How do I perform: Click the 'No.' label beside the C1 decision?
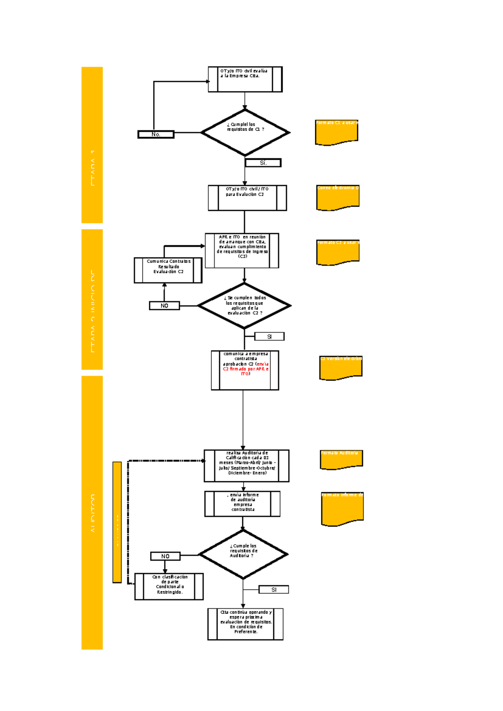(x=156, y=135)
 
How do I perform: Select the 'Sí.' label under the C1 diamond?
(x=263, y=163)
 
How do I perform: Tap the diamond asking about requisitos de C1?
(x=245, y=132)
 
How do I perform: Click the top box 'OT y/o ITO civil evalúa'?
(x=245, y=79)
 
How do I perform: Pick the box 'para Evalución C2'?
(x=247, y=198)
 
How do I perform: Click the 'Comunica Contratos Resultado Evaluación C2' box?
(x=168, y=270)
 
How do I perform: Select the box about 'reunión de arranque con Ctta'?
(x=242, y=251)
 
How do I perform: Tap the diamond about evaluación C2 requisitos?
(x=244, y=306)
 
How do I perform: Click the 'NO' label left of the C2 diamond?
(x=164, y=306)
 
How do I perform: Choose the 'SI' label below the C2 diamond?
(x=269, y=337)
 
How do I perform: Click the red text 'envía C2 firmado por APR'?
(x=247, y=369)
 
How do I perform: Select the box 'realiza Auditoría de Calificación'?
(x=246, y=466)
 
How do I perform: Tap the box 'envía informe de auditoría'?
(x=242, y=504)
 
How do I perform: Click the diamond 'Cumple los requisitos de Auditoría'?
(x=243, y=554)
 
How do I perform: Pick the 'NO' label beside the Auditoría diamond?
(x=165, y=556)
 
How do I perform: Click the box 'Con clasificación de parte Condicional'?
(x=169, y=586)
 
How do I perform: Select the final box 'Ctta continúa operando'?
(x=246, y=624)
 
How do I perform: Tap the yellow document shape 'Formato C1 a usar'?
(x=337, y=132)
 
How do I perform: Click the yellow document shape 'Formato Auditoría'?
(x=341, y=459)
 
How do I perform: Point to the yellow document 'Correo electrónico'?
(x=338, y=197)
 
